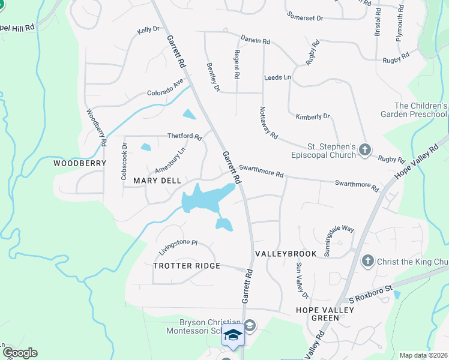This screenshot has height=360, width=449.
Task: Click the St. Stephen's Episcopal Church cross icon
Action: [x=366, y=149]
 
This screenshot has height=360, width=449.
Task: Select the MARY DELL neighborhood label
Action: [x=157, y=181]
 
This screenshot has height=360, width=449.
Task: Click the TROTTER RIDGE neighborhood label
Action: [x=187, y=266]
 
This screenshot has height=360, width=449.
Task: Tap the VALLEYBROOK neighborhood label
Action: [x=286, y=254]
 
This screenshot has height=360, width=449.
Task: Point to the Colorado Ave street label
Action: [x=165, y=88]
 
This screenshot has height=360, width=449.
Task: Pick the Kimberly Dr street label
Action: [x=313, y=116]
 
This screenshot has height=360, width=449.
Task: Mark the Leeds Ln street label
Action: [x=277, y=78]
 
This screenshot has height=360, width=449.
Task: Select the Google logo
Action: [x=19, y=353]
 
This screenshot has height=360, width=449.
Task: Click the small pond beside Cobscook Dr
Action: [x=146, y=147]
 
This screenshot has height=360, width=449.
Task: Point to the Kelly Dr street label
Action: [x=148, y=29]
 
